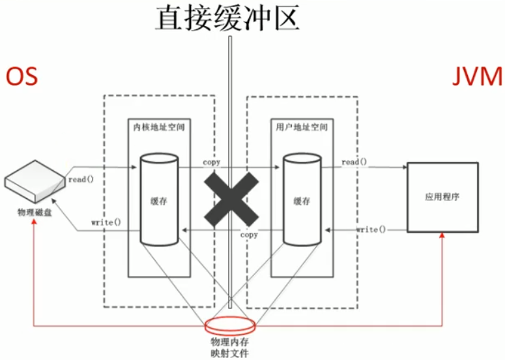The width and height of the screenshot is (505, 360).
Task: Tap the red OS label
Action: pos(22,76)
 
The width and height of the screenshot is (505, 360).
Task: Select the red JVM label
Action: pos(477,76)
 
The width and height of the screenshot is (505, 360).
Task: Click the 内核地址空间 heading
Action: pos(158,128)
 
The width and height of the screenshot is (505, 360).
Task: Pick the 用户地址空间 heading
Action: pos(301,128)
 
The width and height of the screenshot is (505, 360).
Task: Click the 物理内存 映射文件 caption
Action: pos(230,347)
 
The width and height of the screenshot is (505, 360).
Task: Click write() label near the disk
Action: pos(106,222)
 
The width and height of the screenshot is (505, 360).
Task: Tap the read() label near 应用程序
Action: pos(354,162)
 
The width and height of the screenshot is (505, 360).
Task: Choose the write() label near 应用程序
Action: pos(371,230)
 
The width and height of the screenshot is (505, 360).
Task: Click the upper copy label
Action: pos(212,162)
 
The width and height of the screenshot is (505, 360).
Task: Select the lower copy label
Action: pos(249,234)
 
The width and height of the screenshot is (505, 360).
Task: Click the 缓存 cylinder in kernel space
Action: pos(159,200)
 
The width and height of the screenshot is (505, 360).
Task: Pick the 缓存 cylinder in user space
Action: pos(302,200)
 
